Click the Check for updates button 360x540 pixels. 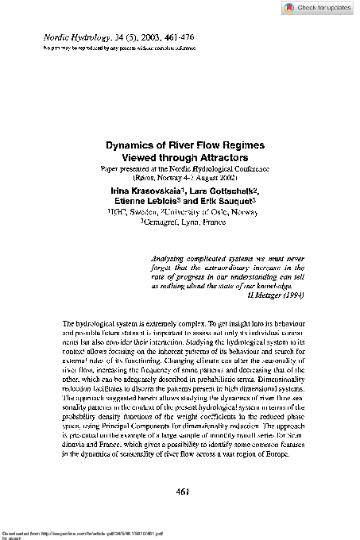pos(317,7)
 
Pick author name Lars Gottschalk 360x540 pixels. pos(222,191)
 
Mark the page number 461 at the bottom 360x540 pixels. pos(180,492)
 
